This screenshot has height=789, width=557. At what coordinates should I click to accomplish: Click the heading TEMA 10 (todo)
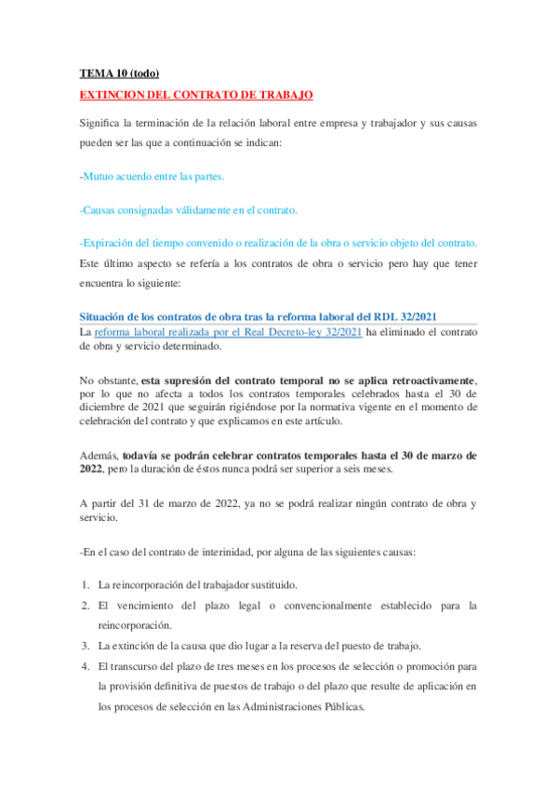pyautogui.click(x=107, y=74)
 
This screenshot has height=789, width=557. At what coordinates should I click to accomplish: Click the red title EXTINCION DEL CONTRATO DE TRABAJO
pyautogui.click(x=196, y=95)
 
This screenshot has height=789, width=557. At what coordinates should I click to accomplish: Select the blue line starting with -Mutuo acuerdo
pyautogui.click(x=152, y=176)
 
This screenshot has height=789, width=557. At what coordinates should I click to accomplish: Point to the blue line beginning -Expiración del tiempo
pyautogui.click(x=278, y=243)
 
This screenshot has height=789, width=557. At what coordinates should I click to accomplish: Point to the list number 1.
pyautogui.click(x=84, y=585)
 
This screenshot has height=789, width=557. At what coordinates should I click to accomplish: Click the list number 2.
pyautogui.click(x=84, y=606)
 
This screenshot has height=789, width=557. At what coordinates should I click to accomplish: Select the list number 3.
pyautogui.click(x=84, y=646)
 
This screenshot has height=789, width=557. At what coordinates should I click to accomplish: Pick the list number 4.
pyautogui.click(x=84, y=666)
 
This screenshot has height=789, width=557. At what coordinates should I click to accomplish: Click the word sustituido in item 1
pyautogui.click(x=272, y=585)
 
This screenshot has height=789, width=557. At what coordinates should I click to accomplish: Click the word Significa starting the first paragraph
pyautogui.click(x=103, y=124)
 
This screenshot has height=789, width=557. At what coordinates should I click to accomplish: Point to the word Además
pyautogui.click(x=99, y=456)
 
